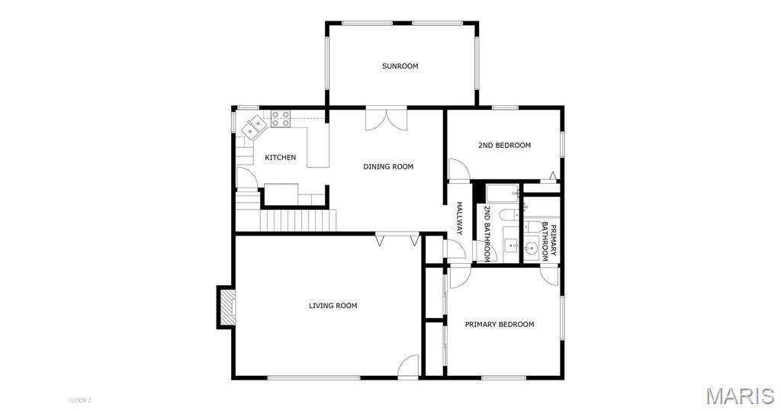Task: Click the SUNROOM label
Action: tap(400, 66)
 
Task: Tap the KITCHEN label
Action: tap(280, 157)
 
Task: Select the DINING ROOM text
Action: tap(388, 166)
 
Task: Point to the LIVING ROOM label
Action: tap(333, 305)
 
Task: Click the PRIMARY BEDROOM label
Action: tap(500, 324)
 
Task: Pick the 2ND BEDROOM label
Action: tap(505, 146)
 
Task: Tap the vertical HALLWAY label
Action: tap(459, 218)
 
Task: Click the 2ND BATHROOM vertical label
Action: tap(487, 233)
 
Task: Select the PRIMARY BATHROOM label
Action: tap(548, 242)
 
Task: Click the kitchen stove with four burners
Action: tap(281, 118)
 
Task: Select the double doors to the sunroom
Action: tap(386, 120)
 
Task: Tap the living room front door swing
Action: tap(409, 368)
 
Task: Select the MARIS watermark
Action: tap(740, 396)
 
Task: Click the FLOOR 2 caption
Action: tap(80, 400)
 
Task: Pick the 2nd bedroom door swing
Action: tap(459, 169)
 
